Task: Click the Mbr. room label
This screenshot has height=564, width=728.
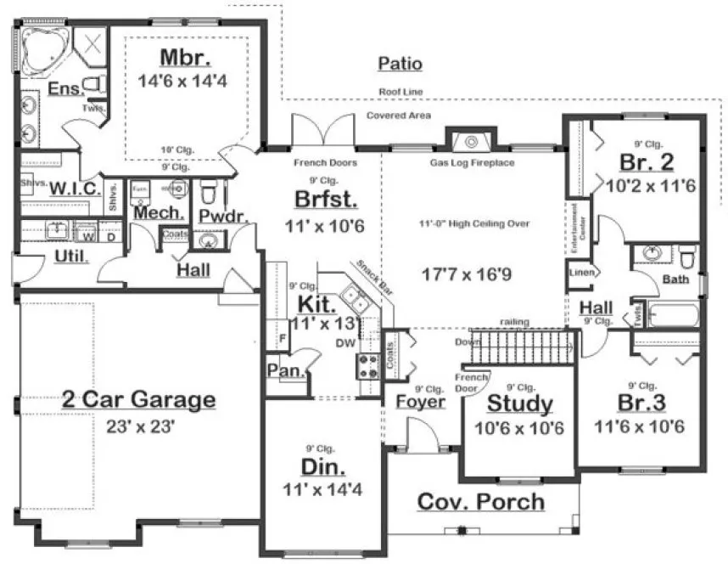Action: pos(184,59)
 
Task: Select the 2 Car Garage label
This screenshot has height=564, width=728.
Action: pos(138,399)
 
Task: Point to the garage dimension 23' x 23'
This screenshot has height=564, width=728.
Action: pos(139,426)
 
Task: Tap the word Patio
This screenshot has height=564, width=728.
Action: pos(400,64)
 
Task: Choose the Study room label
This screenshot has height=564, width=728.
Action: pos(520,403)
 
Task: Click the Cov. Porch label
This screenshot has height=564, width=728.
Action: pos(480,501)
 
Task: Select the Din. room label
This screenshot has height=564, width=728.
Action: pos(323,466)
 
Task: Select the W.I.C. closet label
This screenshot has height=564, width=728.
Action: pos(75,189)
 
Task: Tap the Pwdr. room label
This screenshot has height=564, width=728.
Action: pos(222,217)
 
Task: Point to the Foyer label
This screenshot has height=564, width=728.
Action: pos(420,400)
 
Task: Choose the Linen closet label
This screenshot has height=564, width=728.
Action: pos(580,272)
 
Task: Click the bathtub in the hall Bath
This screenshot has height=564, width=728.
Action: pos(670,316)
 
